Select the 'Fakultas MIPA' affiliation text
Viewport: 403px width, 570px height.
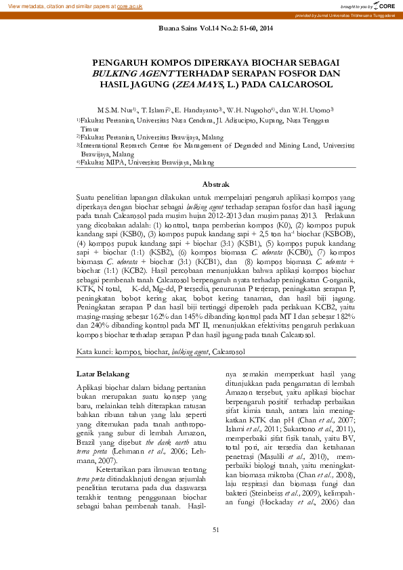coord(102,162)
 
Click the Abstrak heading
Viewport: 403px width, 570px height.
coord(216,184)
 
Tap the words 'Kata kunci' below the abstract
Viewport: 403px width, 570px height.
coord(94,352)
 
